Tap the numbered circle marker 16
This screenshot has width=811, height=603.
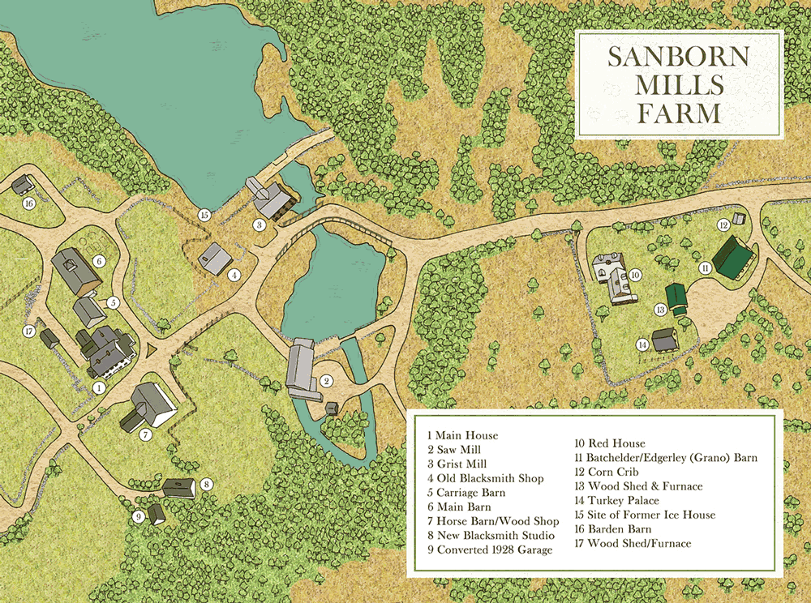tap(29, 203)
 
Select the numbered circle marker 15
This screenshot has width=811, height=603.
tap(204, 215)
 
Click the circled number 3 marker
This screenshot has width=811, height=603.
tap(260, 225)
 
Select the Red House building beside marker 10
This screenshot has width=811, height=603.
tap(613, 279)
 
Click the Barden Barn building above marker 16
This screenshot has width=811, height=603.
tap(23, 186)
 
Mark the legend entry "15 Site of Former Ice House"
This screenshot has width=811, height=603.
tap(645, 515)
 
